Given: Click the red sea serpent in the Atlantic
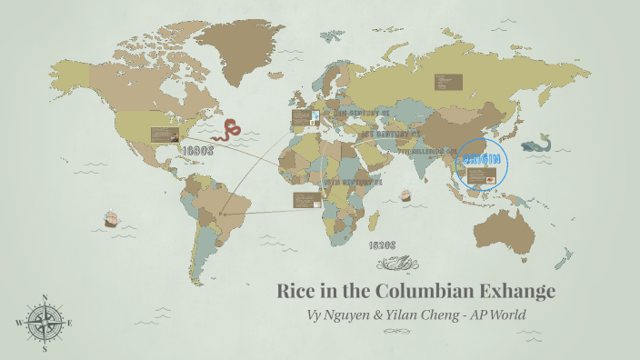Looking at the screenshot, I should (232, 129).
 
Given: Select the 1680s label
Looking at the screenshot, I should (196, 151).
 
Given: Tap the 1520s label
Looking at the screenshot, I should (382, 245).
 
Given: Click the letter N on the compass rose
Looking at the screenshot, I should (45, 297).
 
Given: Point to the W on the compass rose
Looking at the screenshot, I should (18, 323).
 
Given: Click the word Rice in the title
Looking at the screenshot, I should (297, 292).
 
